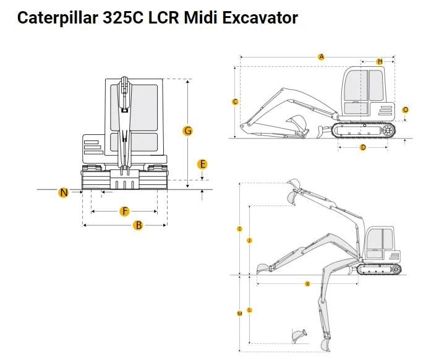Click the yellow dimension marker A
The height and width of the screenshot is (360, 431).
click(322, 57)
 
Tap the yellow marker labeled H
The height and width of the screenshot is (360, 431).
click(380, 61)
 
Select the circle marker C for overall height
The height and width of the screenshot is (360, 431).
click(235, 101)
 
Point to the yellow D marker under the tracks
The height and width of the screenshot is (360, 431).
click(363, 147)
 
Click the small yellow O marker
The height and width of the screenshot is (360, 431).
click(406, 109)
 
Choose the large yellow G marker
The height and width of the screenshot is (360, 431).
click(188, 131)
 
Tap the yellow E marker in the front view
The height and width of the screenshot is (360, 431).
click(202, 164)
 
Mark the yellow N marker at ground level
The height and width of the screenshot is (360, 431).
click(64, 192)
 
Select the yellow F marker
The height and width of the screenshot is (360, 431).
click(125, 212)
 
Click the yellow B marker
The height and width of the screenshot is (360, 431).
click(139, 225)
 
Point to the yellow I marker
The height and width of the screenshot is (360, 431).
click(239, 229)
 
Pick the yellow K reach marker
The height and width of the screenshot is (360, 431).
click(307, 284)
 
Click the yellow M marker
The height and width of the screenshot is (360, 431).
click(239, 314)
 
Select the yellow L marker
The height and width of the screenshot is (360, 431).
click(249, 309)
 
